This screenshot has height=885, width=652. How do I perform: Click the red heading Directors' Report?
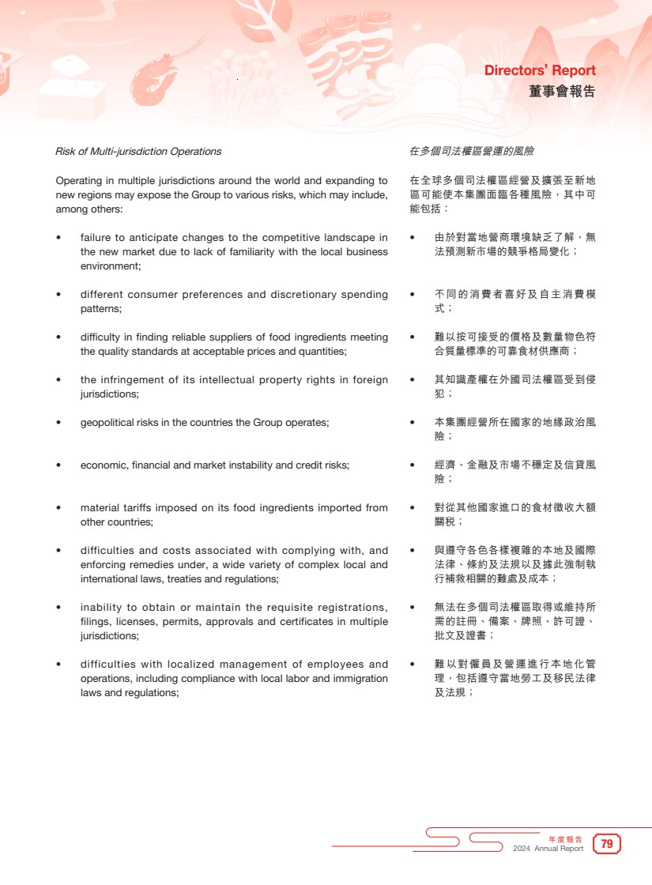point(540,71)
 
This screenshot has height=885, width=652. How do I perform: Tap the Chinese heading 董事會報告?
point(562,92)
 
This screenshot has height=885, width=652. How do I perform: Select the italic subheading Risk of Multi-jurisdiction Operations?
point(138,151)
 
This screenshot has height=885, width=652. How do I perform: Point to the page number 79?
point(607,844)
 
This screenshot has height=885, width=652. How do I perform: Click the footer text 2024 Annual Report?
point(548,849)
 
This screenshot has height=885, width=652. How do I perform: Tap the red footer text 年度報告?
point(566,839)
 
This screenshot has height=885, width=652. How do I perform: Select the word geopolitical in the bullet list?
point(107,422)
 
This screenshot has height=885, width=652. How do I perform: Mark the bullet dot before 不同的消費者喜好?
point(413,295)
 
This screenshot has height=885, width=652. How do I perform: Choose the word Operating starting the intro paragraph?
point(77,180)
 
